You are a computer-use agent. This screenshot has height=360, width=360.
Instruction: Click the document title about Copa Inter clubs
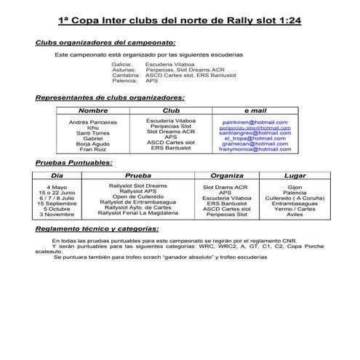[180, 22]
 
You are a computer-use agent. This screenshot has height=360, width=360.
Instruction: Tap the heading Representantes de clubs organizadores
[109, 97]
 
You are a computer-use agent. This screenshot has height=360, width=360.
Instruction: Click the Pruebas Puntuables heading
[73, 163]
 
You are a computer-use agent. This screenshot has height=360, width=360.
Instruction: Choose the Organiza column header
[226, 176]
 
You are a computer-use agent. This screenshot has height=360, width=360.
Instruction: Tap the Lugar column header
[295, 176]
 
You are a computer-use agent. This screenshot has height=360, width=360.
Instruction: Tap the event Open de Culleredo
[137, 197]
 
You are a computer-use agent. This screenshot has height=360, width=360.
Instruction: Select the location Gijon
[295, 187]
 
